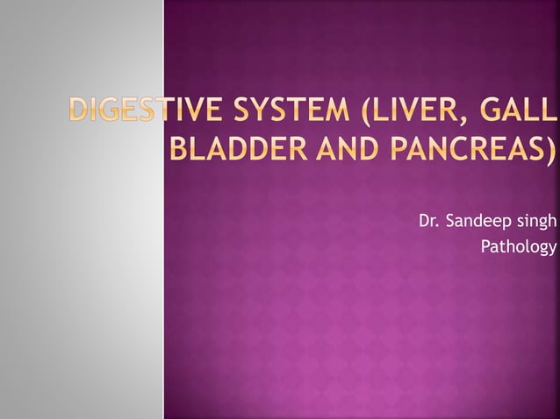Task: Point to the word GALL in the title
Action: [523, 114]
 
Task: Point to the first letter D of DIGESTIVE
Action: [82, 114]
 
